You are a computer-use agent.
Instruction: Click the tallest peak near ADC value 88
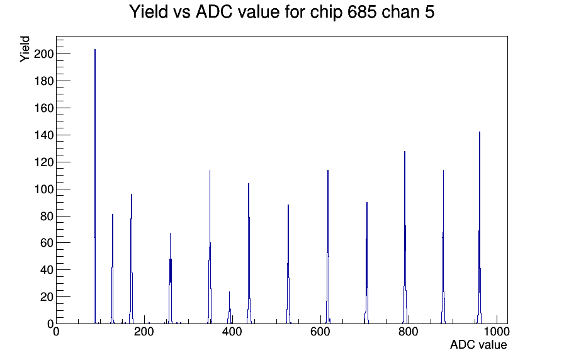coord(95,186)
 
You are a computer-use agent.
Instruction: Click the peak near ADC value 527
coord(288,264)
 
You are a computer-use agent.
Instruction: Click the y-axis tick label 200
coord(43,54)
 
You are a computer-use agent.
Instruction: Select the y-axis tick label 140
coord(43,135)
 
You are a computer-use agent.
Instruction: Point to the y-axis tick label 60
coord(47,243)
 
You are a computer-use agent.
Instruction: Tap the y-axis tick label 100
coord(43,189)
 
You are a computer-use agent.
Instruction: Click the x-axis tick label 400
coord(232,332)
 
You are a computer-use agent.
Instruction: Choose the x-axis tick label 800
coord(409,332)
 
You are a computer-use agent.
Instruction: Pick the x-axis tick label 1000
coord(496,332)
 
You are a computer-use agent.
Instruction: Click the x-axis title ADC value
coord(478,344)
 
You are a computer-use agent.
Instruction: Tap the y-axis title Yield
coord(25,49)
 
